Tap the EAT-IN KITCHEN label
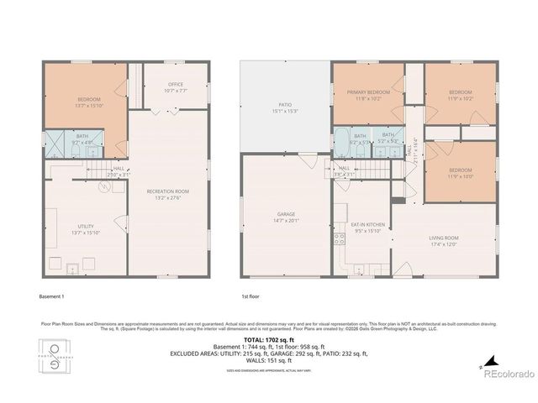(x=368, y=224)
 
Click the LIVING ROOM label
(x=444, y=238)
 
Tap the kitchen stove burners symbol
(x=339, y=239)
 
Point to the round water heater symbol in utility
(x=103, y=187)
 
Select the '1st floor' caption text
(x=251, y=296)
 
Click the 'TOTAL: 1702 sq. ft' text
(x=268, y=340)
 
